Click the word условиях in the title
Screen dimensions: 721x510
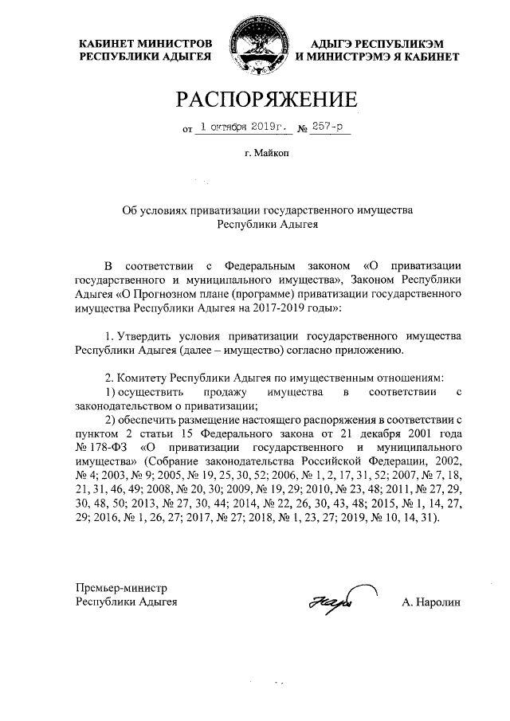(166, 210)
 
